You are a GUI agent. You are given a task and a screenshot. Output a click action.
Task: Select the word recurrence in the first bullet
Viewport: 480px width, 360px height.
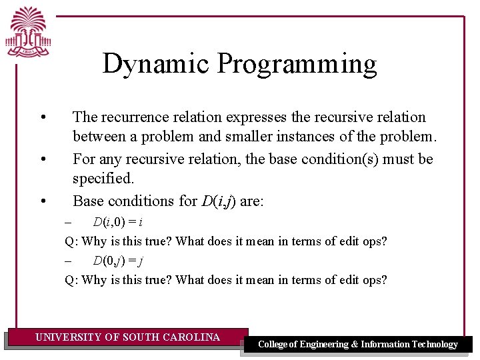[x=139, y=117]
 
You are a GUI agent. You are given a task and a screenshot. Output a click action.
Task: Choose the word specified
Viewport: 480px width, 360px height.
[x=103, y=179]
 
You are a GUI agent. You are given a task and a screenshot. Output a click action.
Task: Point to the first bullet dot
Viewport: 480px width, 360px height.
[x=43, y=118]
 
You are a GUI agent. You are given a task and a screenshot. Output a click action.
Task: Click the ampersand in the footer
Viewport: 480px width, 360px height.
[x=354, y=345]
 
